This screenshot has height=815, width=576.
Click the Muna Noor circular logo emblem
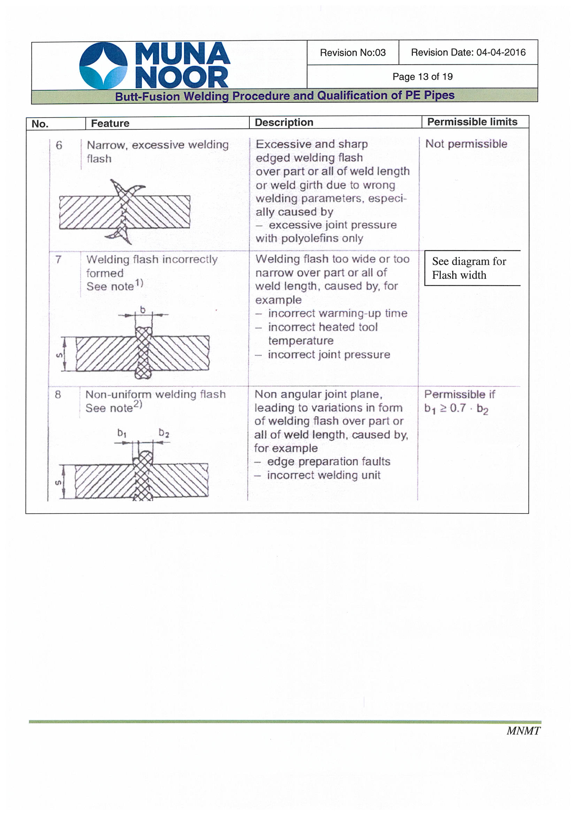[x=103, y=65]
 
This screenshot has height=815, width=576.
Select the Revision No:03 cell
[x=352, y=53]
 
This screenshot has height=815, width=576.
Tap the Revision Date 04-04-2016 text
[x=468, y=53]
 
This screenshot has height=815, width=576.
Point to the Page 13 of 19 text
[x=422, y=77]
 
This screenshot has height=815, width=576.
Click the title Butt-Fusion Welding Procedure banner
[x=285, y=96]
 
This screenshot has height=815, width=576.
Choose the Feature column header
[x=110, y=123]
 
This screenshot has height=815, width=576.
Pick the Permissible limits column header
[x=472, y=122]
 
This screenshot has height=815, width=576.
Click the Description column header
[x=284, y=122]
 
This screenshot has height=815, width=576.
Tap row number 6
[x=59, y=145]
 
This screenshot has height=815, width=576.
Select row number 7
[x=58, y=259]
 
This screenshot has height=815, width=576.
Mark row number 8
[x=58, y=394]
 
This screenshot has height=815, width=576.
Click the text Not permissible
[x=466, y=144]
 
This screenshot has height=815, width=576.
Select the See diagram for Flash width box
[x=472, y=268]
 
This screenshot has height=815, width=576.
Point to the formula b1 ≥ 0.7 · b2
[x=456, y=409]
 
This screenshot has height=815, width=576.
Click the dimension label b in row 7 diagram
[x=143, y=310]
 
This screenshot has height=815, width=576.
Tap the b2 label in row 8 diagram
[x=164, y=433]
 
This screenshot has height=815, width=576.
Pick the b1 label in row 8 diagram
[x=122, y=433]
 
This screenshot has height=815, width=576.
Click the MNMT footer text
[x=523, y=731]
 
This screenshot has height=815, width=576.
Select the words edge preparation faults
[x=328, y=462]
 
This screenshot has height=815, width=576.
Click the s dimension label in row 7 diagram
[x=60, y=355]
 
